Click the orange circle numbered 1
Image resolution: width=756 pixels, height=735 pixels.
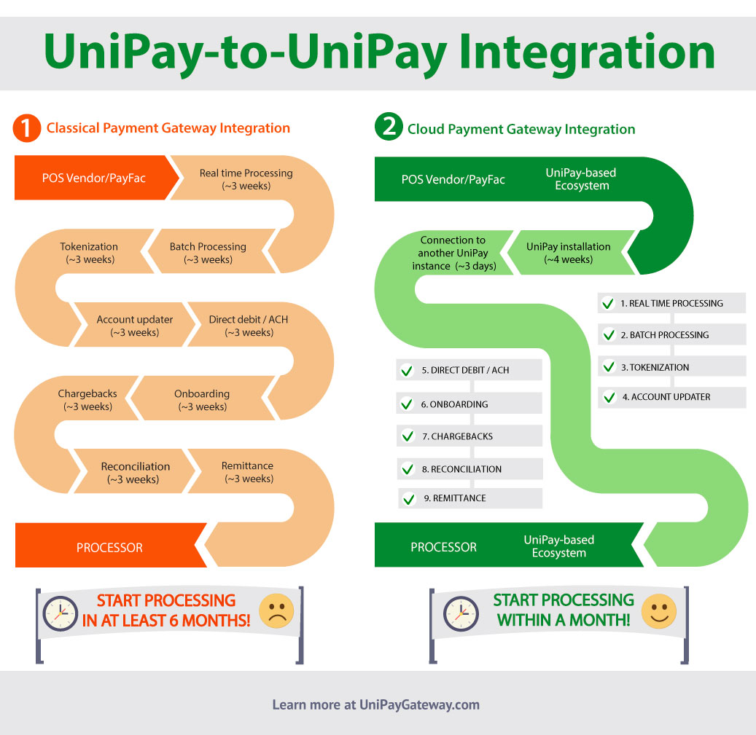pyautogui.click(x=27, y=128)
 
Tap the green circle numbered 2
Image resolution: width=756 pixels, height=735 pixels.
pyautogui.click(x=389, y=128)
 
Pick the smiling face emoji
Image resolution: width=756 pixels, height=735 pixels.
pyautogui.click(x=658, y=611)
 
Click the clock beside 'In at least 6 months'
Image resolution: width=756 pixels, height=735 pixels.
pyautogui.click(x=60, y=613)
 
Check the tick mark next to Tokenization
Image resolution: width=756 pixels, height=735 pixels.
pyautogui.click(x=608, y=367)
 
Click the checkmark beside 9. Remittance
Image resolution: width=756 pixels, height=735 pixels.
pyautogui.click(x=408, y=499)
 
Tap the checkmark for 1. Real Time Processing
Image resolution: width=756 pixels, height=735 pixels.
pyautogui.click(x=608, y=304)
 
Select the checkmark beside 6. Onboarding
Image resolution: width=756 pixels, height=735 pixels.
pyautogui.click(x=407, y=404)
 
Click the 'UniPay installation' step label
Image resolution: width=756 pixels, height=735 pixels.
pyautogui.click(x=569, y=253)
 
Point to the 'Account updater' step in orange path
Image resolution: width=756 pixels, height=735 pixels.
pyautogui.click(x=135, y=326)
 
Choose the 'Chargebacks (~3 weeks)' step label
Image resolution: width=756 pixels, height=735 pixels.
pyautogui.click(x=87, y=400)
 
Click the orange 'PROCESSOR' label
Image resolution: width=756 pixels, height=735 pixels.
pyautogui.click(x=109, y=548)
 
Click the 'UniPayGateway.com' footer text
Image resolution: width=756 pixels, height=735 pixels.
pyautogui.click(x=419, y=704)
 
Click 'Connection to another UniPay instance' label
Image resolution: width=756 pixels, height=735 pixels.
pyautogui.click(x=453, y=253)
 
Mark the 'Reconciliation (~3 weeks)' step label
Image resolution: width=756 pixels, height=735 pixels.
pyautogui.click(x=135, y=473)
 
